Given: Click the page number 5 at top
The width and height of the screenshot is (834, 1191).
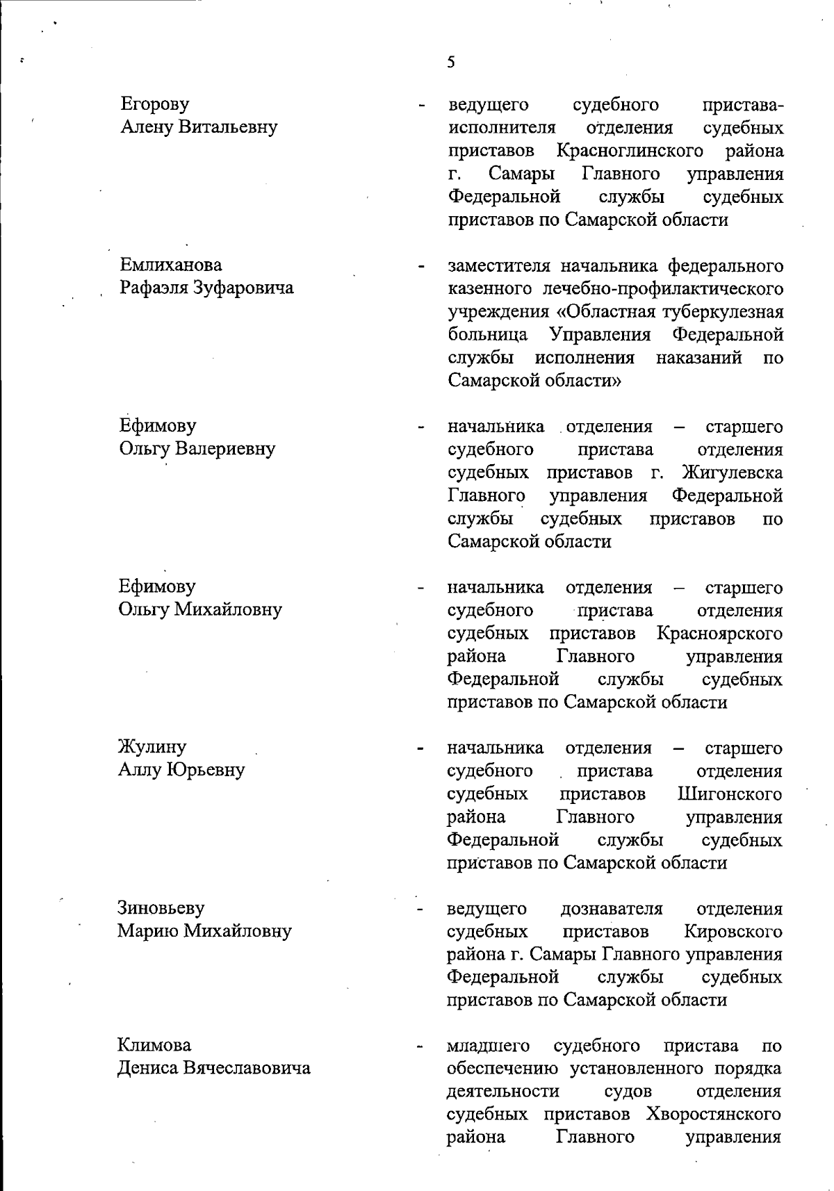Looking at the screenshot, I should [451, 63].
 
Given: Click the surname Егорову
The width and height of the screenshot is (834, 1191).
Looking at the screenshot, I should [154, 104].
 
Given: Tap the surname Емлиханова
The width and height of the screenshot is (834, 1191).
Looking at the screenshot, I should [171, 265].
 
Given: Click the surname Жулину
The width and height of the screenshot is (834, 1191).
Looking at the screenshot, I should [152, 748].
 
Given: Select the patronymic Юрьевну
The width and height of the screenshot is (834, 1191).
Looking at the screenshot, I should [206, 771].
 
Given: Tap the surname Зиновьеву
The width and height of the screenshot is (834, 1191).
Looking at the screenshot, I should [161, 908].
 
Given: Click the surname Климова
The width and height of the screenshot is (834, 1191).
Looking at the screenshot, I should [154, 1045].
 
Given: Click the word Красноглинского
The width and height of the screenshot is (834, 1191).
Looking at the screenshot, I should [630, 151].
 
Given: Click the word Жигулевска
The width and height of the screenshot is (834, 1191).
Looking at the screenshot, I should [733, 473].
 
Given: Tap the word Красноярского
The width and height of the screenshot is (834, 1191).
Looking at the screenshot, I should [719, 634].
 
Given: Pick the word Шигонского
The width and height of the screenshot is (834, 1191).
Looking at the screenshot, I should [729, 794].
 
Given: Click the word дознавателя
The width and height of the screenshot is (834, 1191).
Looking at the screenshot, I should [612, 909].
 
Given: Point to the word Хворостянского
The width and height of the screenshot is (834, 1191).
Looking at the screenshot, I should [713, 1115].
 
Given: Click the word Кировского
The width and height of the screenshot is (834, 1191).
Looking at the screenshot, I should [733, 931].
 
